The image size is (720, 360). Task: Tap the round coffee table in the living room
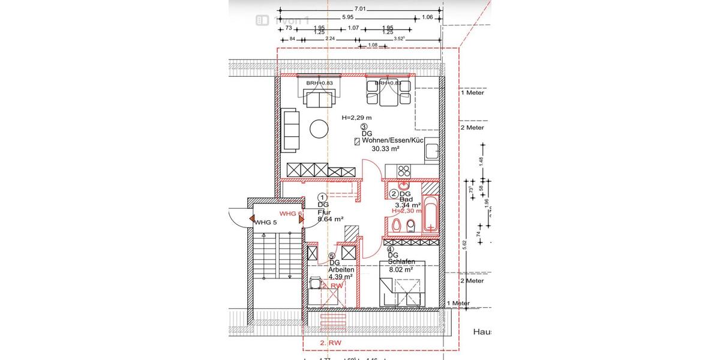[x=318, y=129]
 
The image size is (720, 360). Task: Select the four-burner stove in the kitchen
[x=403, y=170]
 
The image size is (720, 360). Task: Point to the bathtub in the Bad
[x=431, y=213]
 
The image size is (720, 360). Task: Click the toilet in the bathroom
[x=411, y=226]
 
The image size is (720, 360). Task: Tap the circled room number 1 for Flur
[x=322, y=197]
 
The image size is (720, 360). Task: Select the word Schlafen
[x=401, y=262]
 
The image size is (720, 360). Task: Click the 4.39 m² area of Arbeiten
[x=340, y=277]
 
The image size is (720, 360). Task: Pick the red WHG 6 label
[x=290, y=214]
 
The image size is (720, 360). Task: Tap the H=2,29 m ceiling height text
[x=356, y=118]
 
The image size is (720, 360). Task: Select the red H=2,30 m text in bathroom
[x=407, y=211]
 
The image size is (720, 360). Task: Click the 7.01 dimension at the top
[x=360, y=9]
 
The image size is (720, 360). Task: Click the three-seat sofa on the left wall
[x=290, y=130]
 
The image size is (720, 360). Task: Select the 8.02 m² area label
[x=400, y=269]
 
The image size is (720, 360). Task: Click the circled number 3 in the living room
[x=364, y=127]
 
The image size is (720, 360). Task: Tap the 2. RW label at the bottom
[x=331, y=343]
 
